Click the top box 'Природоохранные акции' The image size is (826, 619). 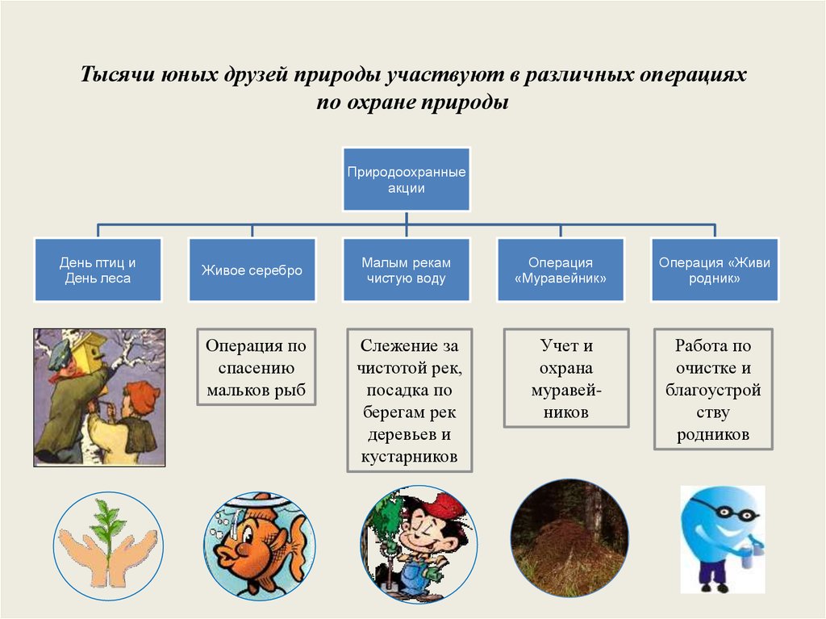[x=407, y=180]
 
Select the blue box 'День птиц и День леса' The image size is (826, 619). [x=98, y=270]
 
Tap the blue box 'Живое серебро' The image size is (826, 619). [x=252, y=270]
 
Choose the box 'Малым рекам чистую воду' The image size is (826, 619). [x=406, y=270]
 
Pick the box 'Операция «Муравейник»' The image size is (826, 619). [x=560, y=270]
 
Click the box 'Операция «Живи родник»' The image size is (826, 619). [x=715, y=270]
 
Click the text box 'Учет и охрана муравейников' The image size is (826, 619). [x=566, y=379]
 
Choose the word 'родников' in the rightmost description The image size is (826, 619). [x=714, y=435]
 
